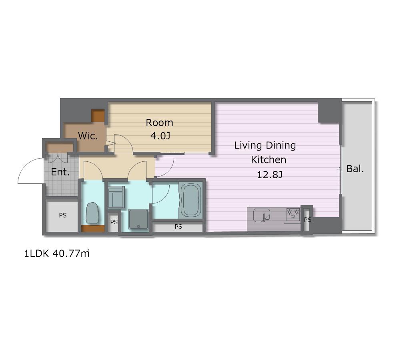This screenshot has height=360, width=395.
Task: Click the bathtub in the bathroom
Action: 191,200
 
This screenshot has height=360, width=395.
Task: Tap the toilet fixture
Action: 92,213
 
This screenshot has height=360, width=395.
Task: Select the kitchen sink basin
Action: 262,215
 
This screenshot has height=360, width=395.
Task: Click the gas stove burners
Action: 293,214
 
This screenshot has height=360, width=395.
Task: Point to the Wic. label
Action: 88,136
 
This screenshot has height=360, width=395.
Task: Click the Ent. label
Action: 60,172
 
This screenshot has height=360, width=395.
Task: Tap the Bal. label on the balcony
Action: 355,169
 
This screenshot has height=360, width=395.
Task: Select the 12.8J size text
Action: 270,175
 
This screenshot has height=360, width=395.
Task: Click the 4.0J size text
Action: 160,136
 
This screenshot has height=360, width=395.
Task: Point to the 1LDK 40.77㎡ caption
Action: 57,253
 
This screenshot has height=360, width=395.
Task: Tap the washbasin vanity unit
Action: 116,197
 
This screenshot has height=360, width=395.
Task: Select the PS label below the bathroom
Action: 178,227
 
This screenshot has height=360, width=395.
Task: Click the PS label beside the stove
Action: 308,219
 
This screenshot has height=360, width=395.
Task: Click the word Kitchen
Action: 269,160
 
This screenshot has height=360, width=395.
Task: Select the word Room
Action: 159,123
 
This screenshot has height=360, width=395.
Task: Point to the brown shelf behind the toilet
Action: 93,228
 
